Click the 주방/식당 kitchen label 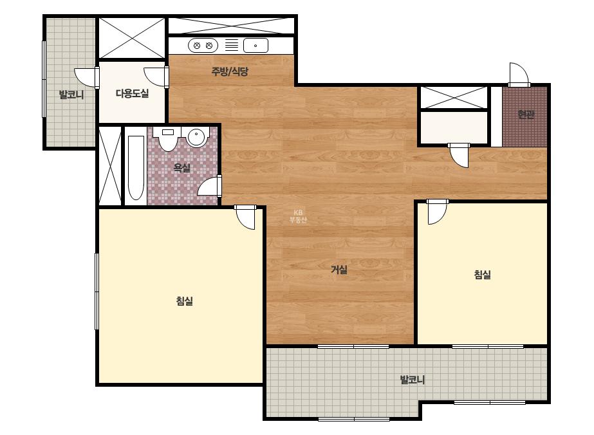230,71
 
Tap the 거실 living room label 339,270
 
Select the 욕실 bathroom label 182,168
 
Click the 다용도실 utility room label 132,93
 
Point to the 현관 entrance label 526,114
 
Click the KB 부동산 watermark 298,216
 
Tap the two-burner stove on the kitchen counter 203,46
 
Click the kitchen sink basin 255,46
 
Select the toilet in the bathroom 168,139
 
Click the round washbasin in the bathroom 196,137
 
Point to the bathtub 136,167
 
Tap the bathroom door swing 210,186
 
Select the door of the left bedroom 245,217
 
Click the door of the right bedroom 437,212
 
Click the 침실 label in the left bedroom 185,301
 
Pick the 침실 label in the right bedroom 482,274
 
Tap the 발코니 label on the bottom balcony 413,379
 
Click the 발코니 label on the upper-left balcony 71,95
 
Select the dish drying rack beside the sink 232,45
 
